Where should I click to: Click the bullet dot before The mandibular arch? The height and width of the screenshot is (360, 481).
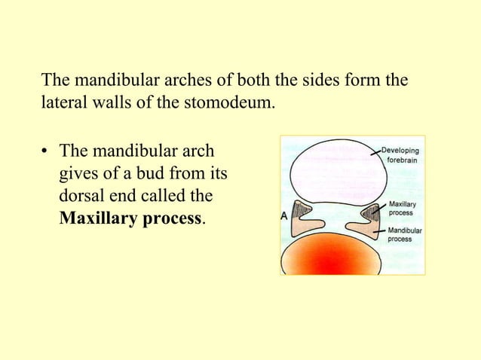[45, 151]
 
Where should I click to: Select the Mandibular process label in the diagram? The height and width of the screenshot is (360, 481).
[405, 234]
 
